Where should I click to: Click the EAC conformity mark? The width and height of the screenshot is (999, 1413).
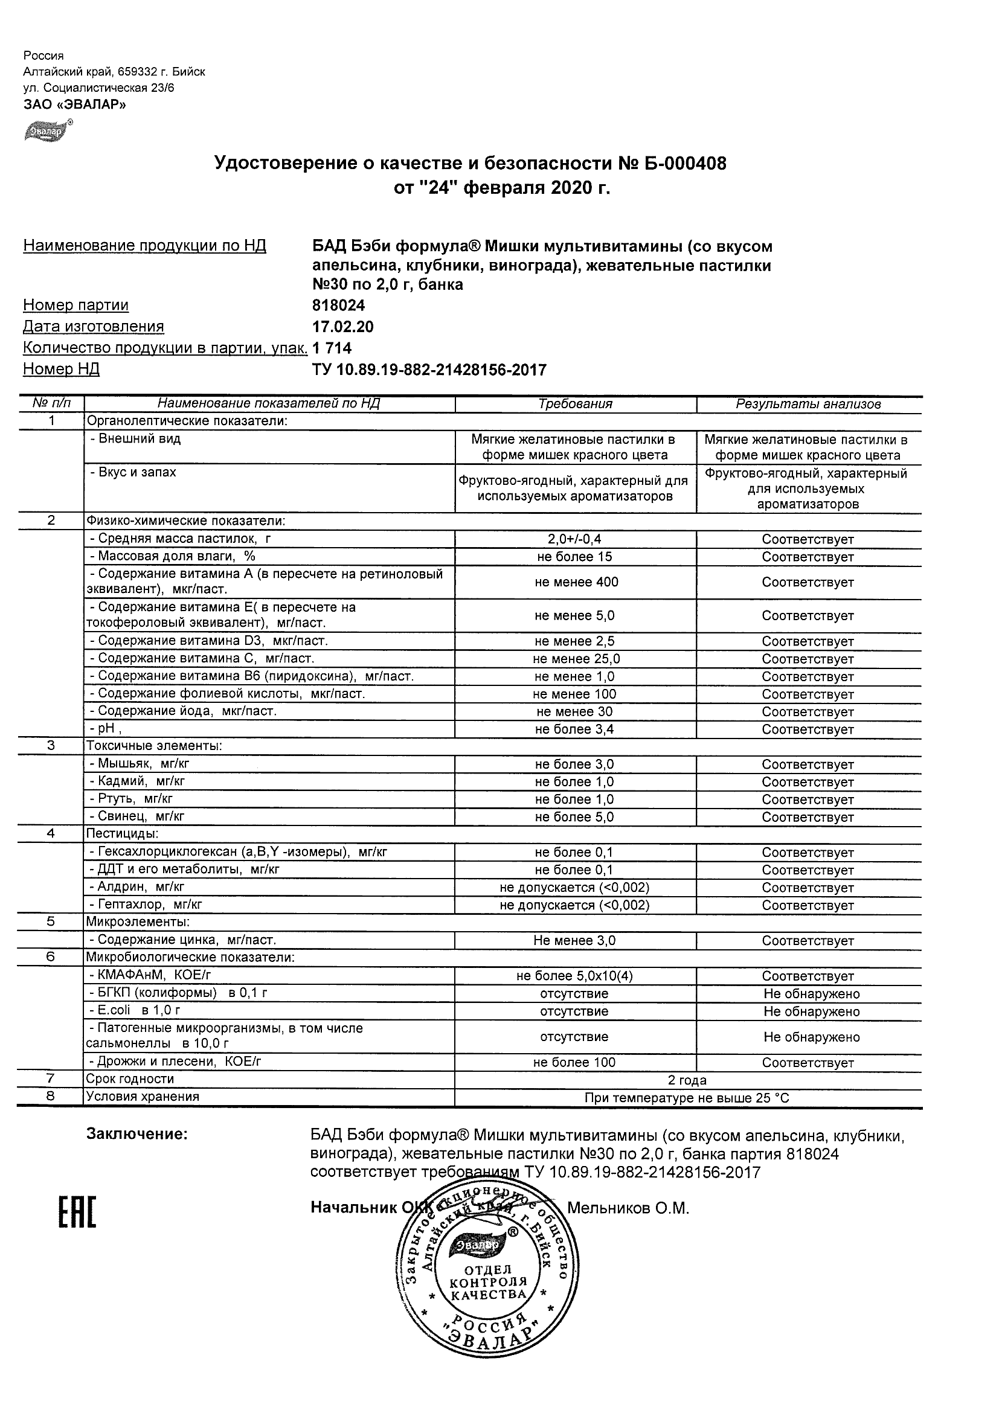[77, 1212]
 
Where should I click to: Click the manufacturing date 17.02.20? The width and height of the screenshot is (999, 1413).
[343, 327]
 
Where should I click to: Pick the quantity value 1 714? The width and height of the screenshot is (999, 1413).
[332, 348]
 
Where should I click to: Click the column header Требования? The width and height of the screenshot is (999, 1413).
[575, 405]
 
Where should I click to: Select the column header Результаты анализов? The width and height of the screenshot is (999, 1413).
[808, 405]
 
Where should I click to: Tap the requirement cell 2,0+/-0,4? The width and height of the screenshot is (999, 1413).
[575, 539]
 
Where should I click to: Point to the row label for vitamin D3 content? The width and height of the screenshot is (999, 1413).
[209, 641]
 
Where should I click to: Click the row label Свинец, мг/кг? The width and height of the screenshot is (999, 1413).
[137, 816]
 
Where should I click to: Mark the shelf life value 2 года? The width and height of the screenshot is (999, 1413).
[687, 1081]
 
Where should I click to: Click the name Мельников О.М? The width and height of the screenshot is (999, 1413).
[627, 1208]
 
